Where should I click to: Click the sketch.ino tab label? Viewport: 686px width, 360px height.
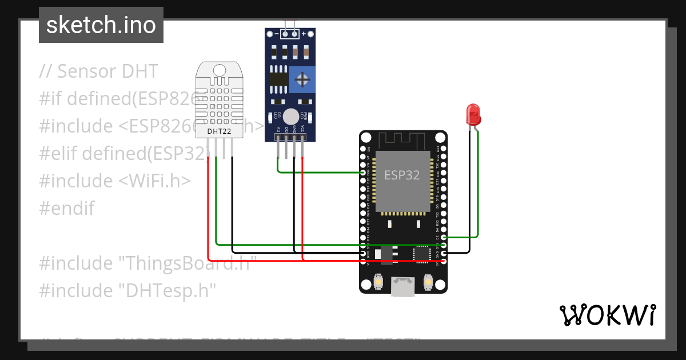point(101,25)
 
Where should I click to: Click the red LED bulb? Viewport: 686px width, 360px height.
point(473,114)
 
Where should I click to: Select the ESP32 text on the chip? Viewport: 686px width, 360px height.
point(401,175)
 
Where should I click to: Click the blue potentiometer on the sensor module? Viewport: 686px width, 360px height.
point(302,79)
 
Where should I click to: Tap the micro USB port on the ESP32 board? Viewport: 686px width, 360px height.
point(403,286)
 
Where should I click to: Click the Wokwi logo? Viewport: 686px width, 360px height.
point(607,315)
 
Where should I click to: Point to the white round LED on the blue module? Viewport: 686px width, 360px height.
point(290,115)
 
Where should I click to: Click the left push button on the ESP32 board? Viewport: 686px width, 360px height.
point(378,282)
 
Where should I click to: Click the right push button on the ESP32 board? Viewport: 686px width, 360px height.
point(428,282)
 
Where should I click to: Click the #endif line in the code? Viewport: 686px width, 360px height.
point(67,208)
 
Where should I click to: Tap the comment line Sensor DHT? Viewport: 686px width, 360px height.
point(98,71)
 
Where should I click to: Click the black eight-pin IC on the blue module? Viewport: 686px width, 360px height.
point(279,79)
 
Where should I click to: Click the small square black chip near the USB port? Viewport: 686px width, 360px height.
point(422,253)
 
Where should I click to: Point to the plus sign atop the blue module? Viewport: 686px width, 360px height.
point(304,34)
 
